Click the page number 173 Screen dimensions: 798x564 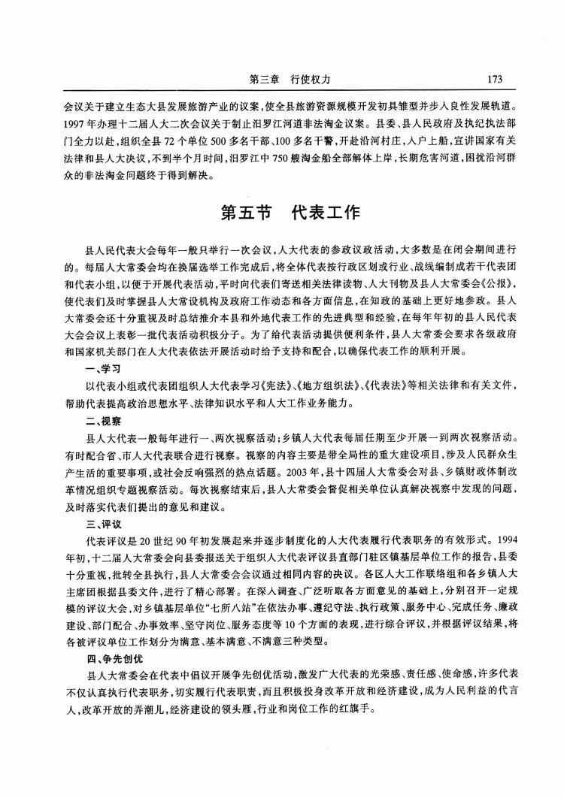494,79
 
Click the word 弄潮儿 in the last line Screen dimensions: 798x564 137,712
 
